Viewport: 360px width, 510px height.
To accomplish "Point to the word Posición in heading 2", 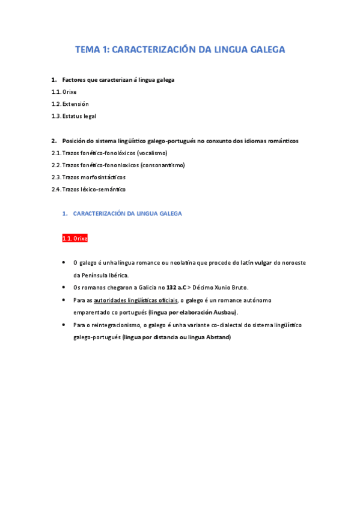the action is click(x=76, y=141).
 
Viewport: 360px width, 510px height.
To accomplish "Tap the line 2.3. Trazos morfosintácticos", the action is click(x=88, y=177).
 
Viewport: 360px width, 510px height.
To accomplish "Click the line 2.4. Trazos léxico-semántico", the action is click(x=88, y=189).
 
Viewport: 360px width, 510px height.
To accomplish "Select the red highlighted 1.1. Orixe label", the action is click(x=75, y=238).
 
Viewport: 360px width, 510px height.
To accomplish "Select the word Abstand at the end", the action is click(x=219, y=337).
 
